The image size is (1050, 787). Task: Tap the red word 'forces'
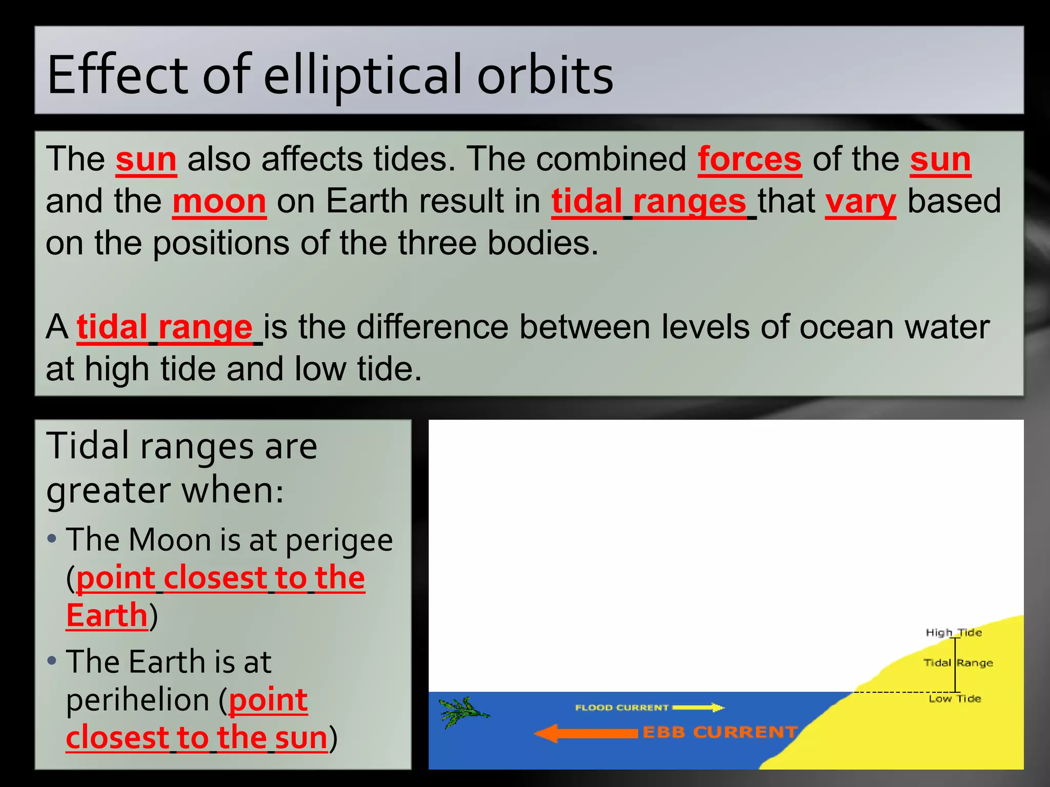[x=749, y=159]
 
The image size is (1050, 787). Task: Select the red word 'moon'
[x=219, y=201]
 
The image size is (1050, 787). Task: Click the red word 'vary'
[x=860, y=201]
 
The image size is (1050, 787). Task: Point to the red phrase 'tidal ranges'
[x=649, y=201]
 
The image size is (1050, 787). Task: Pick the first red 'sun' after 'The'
[x=146, y=159]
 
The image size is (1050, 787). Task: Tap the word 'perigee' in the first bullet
[x=339, y=540]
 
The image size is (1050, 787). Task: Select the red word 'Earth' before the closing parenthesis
[x=107, y=615]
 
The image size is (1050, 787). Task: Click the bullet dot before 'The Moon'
[x=51, y=539]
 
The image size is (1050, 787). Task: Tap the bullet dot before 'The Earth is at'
[x=51, y=660]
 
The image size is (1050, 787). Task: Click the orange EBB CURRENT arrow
[x=586, y=733]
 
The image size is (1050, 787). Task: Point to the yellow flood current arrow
[x=698, y=708]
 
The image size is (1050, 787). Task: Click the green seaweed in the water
[x=461, y=711]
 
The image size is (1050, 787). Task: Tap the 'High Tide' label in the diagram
[x=953, y=632]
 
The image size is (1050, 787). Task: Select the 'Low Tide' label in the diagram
[x=955, y=699]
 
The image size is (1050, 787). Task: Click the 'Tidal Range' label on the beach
[x=958, y=663]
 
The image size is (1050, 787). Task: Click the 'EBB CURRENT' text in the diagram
[x=720, y=733]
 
